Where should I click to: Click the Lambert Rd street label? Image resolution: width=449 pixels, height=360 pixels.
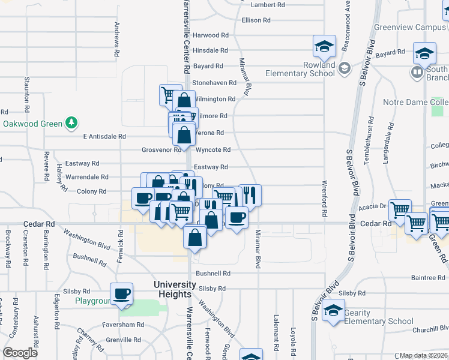point(268,5)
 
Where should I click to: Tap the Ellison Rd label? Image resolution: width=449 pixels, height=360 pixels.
point(256,20)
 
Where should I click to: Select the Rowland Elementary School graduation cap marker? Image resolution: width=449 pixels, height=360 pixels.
point(324,46)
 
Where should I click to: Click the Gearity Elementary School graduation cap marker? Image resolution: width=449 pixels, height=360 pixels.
point(333,310)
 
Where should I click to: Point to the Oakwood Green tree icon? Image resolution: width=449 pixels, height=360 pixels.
point(73,124)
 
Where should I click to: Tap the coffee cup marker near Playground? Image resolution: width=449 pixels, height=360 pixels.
point(122,293)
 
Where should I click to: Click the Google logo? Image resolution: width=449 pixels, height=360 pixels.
point(20,353)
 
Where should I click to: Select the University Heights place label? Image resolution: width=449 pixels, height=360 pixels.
point(175,289)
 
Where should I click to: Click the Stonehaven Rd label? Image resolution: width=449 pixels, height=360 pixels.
point(214,83)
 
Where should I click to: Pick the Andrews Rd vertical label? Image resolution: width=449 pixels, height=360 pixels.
point(116,40)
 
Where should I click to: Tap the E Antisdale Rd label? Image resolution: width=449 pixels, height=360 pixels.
point(104,137)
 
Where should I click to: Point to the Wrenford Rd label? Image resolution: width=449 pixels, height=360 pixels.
point(324,199)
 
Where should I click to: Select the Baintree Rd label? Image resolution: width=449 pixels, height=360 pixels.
point(428,278)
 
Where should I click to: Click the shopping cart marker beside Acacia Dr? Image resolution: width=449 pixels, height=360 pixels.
point(400,210)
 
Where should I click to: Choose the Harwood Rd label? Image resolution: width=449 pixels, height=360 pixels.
point(211,35)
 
